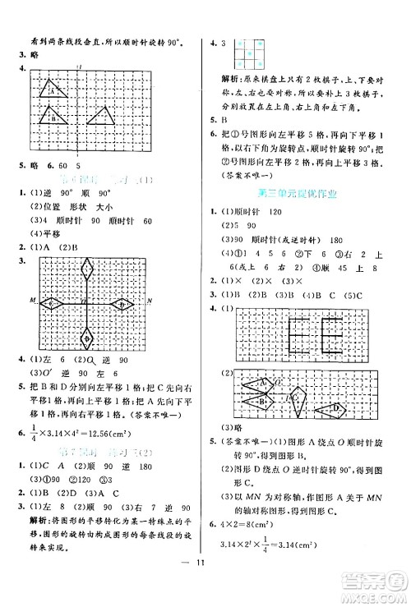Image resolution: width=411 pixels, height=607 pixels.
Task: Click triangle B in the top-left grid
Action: [54, 117]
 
